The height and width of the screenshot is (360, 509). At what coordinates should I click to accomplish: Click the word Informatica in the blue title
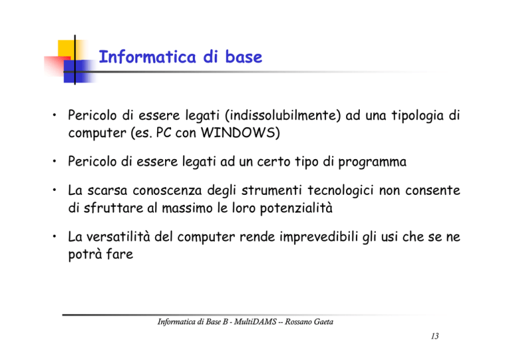tap(147, 57)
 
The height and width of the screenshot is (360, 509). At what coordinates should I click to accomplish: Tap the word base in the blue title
tap(243, 57)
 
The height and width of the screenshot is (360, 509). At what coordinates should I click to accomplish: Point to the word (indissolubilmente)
tap(282, 115)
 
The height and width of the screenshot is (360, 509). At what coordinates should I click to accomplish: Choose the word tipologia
tap(417, 116)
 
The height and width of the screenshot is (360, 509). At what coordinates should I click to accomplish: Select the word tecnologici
tap(341, 191)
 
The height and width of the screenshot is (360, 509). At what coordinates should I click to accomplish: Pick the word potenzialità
tap(296, 208)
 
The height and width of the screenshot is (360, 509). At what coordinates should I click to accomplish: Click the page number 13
tap(435, 336)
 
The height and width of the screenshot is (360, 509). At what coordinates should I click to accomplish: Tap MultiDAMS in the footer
tap(254, 322)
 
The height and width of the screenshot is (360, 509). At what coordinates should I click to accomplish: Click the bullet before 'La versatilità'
tap(55, 236)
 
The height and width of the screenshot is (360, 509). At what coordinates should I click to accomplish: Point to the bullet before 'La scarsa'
tap(55, 190)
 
